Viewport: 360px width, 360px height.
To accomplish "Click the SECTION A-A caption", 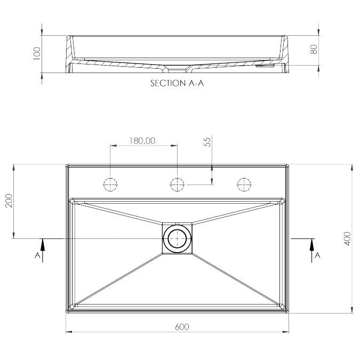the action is coord(177,83).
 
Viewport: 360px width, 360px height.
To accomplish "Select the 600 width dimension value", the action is coord(182,327).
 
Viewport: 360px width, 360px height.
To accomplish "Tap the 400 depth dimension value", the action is coord(348,239).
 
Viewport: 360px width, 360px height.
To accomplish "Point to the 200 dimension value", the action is coord(9,201).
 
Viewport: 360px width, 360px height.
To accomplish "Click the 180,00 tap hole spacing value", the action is coord(142,140).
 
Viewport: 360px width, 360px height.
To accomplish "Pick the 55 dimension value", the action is coord(207,142).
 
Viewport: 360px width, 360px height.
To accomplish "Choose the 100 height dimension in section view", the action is coord(37,53).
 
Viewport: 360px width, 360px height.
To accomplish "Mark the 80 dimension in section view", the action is coord(314,50).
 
